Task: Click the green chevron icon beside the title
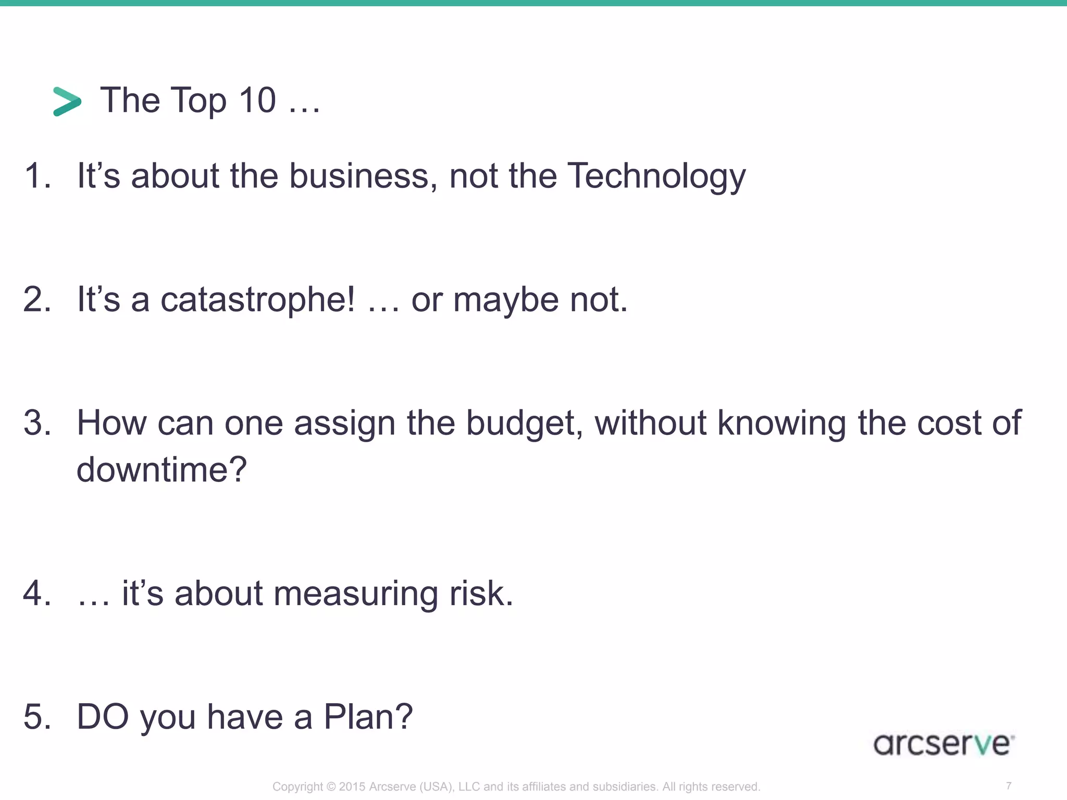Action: (67, 101)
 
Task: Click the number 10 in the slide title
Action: (257, 100)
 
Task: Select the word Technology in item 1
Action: (656, 176)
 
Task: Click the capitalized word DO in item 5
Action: (103, 717)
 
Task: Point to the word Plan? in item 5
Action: (368, 717)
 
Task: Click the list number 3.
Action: (36, 423)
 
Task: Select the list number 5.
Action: (36, 717)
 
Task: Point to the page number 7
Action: (1009, 785)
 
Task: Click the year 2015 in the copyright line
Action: (352, 786)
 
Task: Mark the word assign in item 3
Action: (344, 423)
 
